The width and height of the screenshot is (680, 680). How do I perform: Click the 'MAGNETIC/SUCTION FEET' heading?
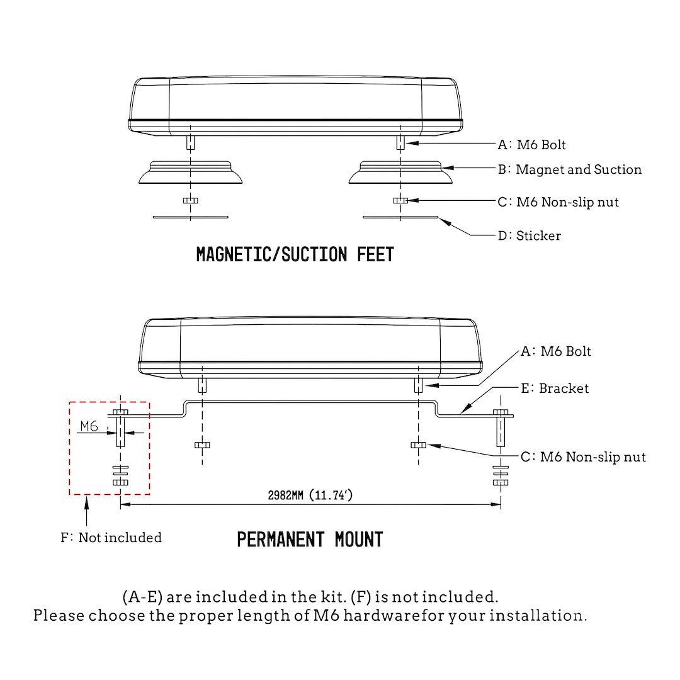295,255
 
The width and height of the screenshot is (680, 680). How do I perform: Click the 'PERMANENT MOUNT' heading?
310,540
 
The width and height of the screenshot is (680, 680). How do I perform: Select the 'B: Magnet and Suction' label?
570,169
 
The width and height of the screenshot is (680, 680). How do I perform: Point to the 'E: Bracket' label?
555,388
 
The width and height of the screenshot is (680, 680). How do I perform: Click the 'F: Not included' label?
111,538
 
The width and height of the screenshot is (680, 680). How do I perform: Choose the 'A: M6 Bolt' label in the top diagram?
532,145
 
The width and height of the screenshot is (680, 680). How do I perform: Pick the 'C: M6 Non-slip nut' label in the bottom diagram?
583,457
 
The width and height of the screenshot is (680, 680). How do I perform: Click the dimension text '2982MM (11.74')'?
310,496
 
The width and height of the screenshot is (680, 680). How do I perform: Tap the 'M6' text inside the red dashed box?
89,427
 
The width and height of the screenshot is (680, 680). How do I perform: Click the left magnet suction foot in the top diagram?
191,173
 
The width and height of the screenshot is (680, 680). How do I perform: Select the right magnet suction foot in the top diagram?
400,173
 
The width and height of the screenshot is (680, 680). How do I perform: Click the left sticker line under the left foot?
191,217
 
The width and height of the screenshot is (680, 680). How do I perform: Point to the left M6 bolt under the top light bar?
190,142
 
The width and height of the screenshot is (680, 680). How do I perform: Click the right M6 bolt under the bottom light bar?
418,385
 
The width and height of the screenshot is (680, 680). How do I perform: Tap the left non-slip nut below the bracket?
202,445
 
